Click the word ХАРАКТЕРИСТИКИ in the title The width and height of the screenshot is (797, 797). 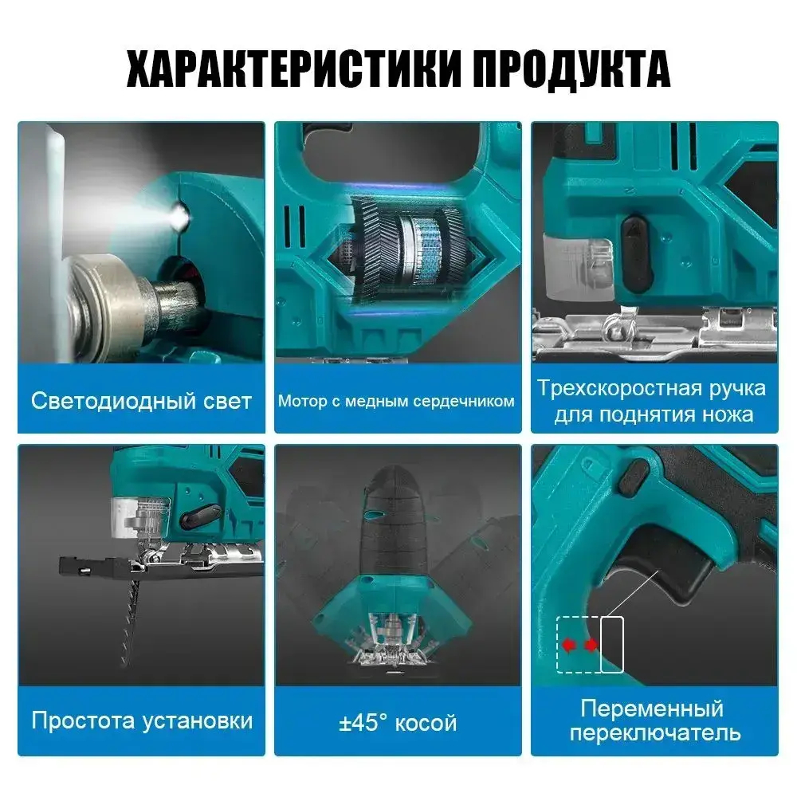(293, 69)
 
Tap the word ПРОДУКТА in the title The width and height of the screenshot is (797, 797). (571, 69)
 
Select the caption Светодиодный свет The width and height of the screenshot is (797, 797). (141, 401)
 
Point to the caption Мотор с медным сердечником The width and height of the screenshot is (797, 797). (396, 401)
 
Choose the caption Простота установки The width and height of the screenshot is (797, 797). (142, 720)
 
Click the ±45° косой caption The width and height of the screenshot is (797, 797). (398, 722)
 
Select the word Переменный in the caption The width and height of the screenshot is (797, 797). (652, 708)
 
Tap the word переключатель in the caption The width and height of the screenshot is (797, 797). (654, 733)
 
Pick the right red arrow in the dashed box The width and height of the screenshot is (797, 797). (591, 645)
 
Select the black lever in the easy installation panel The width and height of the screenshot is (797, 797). (201, 516)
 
